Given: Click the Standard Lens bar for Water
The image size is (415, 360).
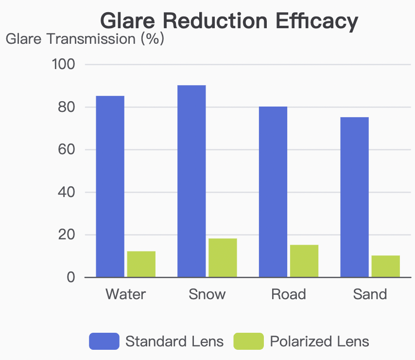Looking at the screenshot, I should point(110,187).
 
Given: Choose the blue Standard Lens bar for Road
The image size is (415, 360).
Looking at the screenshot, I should point(273,192).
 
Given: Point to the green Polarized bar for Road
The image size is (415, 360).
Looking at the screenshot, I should point(304,261).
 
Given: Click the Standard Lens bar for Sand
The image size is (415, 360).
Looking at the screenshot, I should point(354,197).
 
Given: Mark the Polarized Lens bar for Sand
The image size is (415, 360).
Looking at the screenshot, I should point(386,267).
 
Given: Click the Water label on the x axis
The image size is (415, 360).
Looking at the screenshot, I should point(125,294).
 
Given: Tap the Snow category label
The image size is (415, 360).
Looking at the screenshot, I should point(207,294).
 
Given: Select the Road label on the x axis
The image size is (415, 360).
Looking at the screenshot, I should point(289,294).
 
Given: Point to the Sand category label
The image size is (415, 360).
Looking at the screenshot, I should point(370,294).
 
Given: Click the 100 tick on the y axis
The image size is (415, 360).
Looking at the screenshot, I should point(63,65).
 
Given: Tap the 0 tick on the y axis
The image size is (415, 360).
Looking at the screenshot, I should point(71,277).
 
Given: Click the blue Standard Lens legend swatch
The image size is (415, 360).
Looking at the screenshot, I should point(104,341).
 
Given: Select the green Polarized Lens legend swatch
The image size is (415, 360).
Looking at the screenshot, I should point(248,341).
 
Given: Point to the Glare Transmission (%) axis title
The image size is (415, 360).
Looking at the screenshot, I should point(85,39).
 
